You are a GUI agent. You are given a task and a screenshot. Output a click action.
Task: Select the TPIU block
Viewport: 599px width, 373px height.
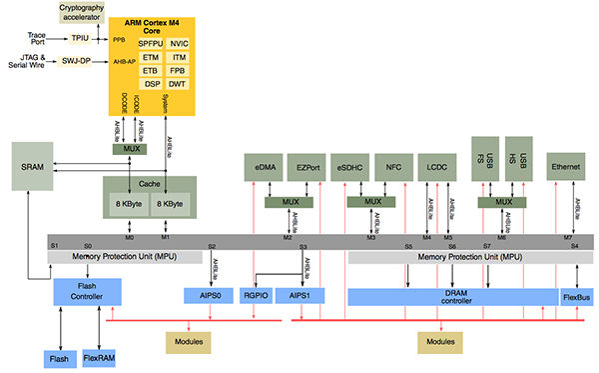(80, 38)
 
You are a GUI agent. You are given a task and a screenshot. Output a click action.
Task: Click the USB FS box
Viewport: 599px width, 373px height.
(485, 159)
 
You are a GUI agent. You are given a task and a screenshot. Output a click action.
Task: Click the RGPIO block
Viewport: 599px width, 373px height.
(258, 296)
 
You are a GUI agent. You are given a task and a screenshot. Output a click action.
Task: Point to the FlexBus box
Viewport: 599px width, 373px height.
(578, 296)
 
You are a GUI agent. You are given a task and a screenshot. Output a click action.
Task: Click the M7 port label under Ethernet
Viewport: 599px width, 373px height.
(567, 238)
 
